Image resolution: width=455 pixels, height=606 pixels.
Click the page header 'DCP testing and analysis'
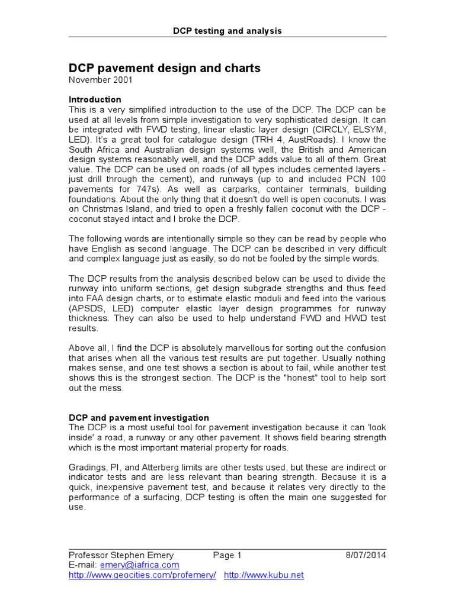click(x=227, y=31)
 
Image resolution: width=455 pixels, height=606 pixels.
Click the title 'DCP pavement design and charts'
click(x=165, y=68)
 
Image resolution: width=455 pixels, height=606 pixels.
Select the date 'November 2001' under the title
click(x=101, y=79)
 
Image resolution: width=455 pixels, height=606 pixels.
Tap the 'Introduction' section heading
click(x=95, y=99)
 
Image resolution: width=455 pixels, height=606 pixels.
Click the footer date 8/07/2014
click(x=366, y=555)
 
